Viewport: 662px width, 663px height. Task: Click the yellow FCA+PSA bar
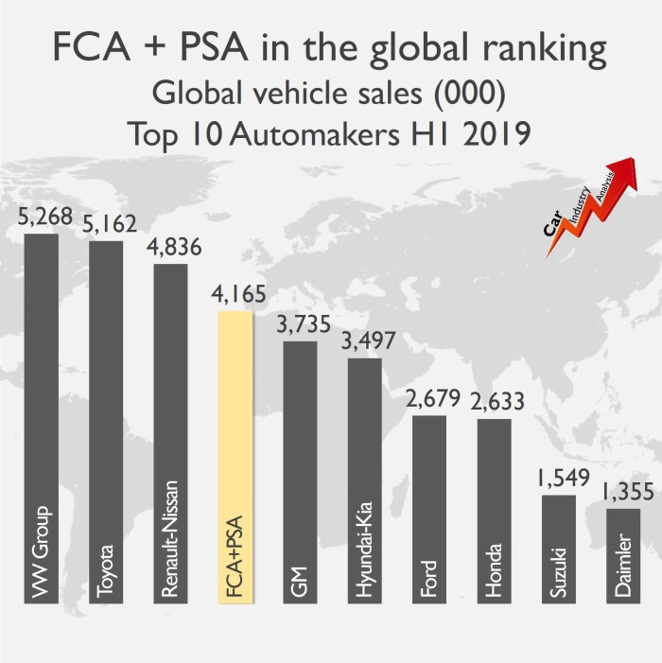coord(235,454)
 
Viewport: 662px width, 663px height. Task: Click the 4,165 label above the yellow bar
coord(235,294)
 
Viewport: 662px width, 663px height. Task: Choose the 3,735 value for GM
coord(301,324)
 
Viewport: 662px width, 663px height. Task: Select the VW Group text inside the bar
coord(42,552)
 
